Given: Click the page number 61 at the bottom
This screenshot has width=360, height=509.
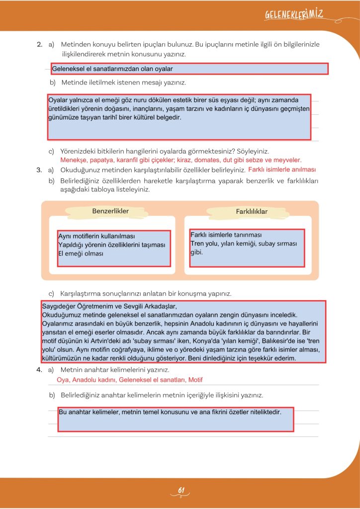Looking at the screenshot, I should [181, 491].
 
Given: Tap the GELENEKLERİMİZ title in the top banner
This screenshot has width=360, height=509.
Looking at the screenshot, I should [294, 15].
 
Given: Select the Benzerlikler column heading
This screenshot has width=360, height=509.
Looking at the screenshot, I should [110, 211].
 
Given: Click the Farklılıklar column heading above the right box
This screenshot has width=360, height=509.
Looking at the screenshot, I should [252, 212].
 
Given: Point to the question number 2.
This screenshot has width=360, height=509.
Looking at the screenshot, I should [39, 45].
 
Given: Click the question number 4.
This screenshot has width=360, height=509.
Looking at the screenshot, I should [39, 370].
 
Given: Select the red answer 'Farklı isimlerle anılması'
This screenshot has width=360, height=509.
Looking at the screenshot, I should [282, 170].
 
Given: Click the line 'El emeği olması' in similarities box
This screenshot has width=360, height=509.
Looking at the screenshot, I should [81, 254].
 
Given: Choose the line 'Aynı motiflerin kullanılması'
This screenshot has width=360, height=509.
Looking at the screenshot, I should [96, 237].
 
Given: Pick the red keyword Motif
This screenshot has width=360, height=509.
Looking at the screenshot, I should [194, 380].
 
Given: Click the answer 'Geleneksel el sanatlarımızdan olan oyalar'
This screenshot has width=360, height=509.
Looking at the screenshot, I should [112, 69].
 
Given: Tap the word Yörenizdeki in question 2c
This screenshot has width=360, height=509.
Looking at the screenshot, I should [78, 151].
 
